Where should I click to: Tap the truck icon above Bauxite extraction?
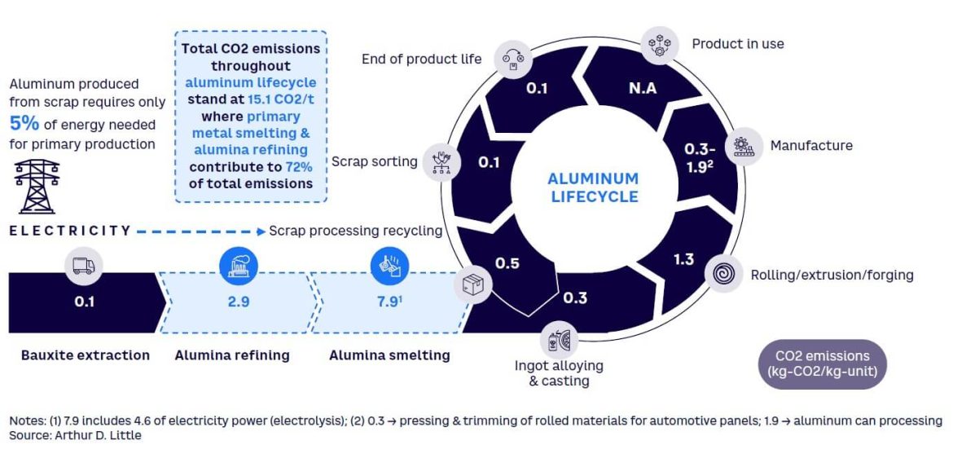pyautogui.click(x=84, y=266)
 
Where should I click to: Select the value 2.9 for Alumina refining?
pyautogui.click(x=239, y=302)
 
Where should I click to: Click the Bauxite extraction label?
pyautogui.click(x=86, y=355)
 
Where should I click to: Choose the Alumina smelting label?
pyautogui.click(x=389, y=355)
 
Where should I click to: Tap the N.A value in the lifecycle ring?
pyautogui.click(x=643, y=88)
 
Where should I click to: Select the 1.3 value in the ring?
pyautogui.click(x=683, y=259)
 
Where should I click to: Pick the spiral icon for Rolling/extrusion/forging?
pyautogui.click(x=722, y=275)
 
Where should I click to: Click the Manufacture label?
pyautogui.click(x=811, y=146)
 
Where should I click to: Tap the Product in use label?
pyautogui.click(x=738, y=44)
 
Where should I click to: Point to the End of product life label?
pyautogui.click(x=422, y=59)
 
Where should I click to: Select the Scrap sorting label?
pyautogui.click(x=374, y=161)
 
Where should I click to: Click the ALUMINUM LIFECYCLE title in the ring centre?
pyautogui.click(x=593, y=187)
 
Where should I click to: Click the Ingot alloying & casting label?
pyautogui.click(x=559, y=373)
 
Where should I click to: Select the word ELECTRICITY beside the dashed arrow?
pyautogui.click(x=70, y=231)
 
